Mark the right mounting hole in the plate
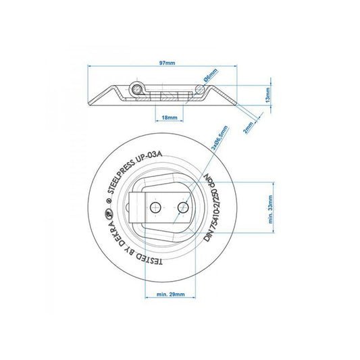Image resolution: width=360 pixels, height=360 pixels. click(x=181, y=205)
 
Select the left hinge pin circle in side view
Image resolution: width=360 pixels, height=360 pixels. click(x=137, y=89)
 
